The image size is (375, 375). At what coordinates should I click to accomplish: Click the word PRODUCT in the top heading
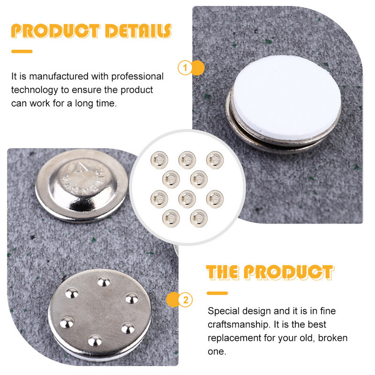click(x=55, y=31)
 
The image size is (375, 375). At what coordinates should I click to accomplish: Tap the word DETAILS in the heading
click(x=138, y=31)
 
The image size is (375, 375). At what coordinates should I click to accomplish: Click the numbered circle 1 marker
click(x=185, y=68)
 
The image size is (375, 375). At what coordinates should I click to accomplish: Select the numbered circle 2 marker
click(x=186, y=300)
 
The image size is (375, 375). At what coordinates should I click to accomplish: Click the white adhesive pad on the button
click(x=287, y=97)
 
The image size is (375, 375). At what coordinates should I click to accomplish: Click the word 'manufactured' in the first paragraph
click(x=59, y=76)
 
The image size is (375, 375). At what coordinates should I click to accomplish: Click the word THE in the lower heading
click(x=223, y=272)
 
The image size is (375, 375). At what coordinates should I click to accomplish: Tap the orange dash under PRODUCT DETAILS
click(x=22, y=52)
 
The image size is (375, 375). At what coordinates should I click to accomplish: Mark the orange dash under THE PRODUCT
click(x=217, y=293)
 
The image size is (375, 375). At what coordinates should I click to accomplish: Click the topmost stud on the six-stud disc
click(x=104, y=282)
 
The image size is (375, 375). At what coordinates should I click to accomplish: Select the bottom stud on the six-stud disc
click(x=95, y=341)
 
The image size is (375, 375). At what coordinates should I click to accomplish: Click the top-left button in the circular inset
click(x=159, y=160)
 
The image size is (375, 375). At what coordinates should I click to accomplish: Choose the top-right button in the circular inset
click(x=215, y=160)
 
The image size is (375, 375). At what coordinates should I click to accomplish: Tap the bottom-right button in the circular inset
click(x=199, y=218)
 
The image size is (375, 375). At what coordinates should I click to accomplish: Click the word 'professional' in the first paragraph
click(x=137, y=77)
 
